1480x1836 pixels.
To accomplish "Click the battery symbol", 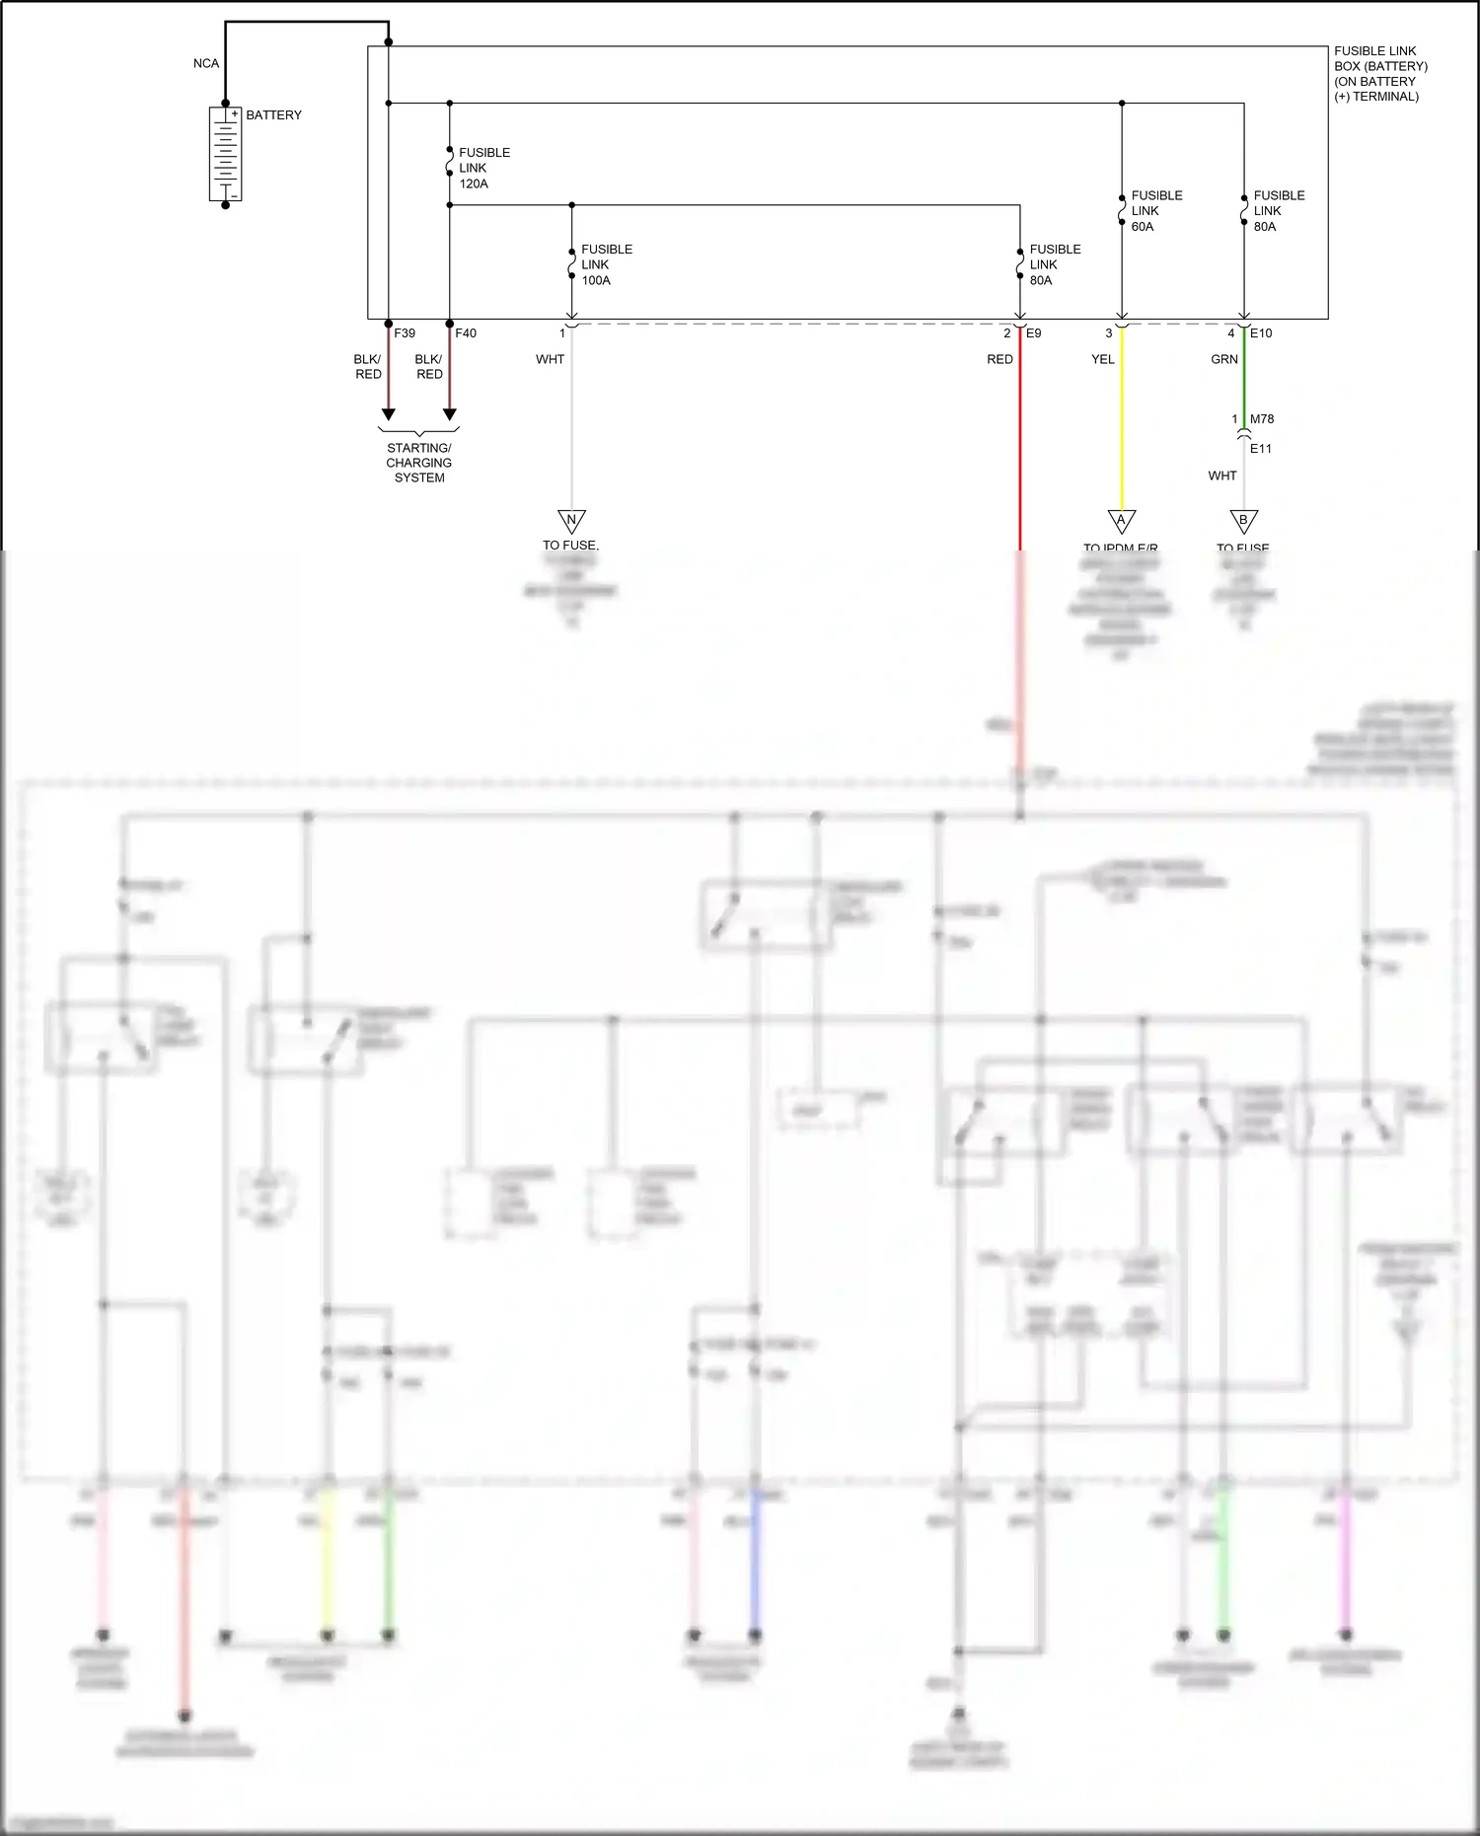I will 225,155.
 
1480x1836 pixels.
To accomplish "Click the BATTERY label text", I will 273,115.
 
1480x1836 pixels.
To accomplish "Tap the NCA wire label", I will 206,63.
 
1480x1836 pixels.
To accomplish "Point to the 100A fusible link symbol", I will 571,263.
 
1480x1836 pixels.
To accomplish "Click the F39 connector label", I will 405,333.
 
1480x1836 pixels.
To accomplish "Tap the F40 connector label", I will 466,333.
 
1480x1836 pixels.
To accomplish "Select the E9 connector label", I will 1034,333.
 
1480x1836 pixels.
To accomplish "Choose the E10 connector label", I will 1261,333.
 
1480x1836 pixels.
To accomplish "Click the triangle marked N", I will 571,520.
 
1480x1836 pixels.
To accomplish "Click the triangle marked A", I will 1122,520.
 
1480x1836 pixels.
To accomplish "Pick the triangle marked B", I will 1244,520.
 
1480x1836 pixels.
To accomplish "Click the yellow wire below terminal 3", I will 1122,424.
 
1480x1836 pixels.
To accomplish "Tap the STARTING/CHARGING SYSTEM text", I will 419,463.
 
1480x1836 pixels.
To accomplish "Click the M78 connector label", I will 1262,419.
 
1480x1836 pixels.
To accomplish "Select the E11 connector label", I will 1261,449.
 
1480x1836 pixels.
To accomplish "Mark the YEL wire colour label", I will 1103,359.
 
